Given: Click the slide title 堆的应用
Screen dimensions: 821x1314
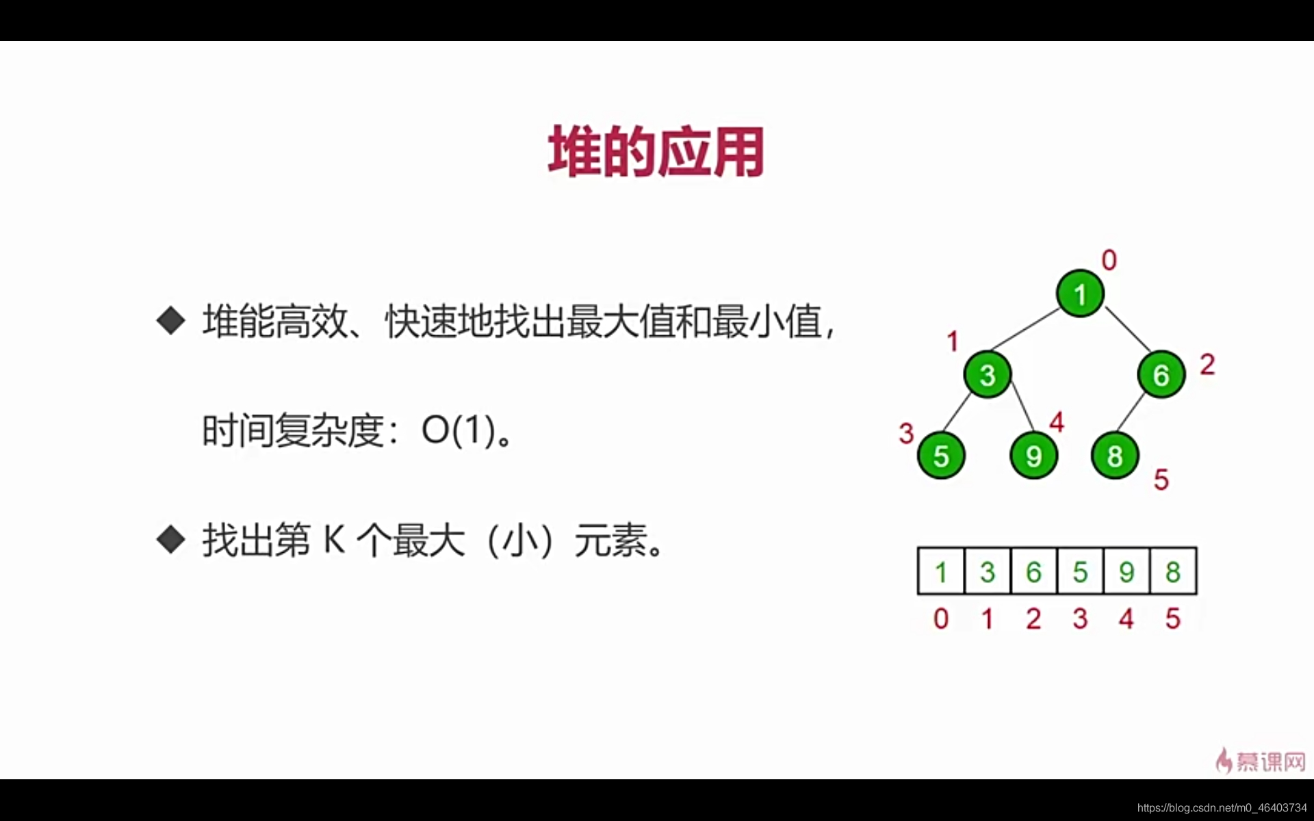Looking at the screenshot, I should [x=656, y=152].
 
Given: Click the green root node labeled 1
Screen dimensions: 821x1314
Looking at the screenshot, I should [x=1080, y=294].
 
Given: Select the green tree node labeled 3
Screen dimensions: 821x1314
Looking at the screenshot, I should [x=987, y=375].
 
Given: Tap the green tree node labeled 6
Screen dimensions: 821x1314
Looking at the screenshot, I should [x=1161, y=375].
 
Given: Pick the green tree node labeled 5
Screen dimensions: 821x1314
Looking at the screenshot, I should [x=941, y=456].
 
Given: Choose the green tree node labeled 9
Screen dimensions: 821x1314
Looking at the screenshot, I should [x=1033, y=456].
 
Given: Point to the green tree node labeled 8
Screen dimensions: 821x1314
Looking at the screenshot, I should [x=1115, y=456].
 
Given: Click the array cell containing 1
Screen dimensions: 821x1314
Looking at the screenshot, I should [x=941, y=571].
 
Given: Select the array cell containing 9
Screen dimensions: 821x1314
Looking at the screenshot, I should [x=1126, y=571].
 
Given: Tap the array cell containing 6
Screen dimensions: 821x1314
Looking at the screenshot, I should [x=1033, y=571].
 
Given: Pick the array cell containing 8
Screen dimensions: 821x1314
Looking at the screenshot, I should [x=1173, y=571].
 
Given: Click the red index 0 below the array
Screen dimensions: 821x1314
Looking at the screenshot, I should [x=941, y=618].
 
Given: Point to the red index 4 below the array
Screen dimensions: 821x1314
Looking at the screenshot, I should [x=1126, y=618].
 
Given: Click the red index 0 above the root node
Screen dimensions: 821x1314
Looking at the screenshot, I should [x=1109, y=260].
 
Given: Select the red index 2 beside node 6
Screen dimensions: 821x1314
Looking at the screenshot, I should [x=1207, y=365].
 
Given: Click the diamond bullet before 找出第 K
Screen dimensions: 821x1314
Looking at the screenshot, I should [x=170, y=540].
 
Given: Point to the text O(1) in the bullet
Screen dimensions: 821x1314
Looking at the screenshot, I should [x=458, y=430].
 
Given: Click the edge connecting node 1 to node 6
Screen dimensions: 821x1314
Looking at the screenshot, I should [x=1128, y=329].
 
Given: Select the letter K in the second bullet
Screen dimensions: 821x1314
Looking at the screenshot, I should [x=334, y=540].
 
